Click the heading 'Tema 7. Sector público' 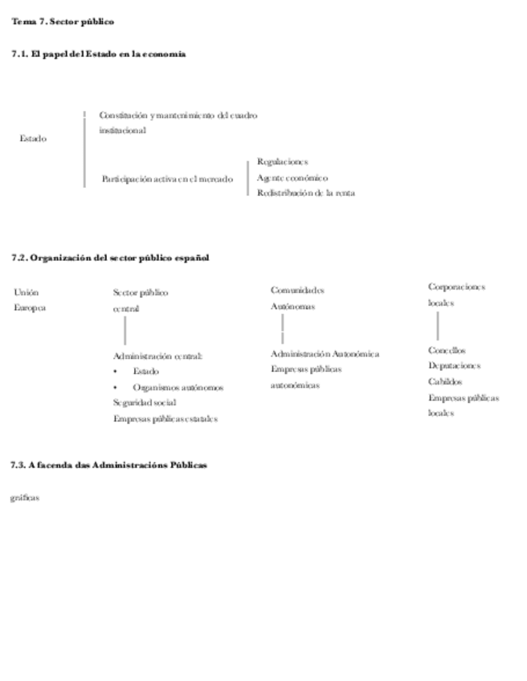click(x=63, y=22)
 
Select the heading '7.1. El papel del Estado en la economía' click(x=99, y=54)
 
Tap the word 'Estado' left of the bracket click(x=33, y=138)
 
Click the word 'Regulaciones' click(x=282, y=162)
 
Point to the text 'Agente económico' click(x=292, y=177)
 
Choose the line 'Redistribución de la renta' click(x=306, y=193)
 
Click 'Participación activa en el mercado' click(x=167, y=179)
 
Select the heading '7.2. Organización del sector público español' click(x=110, y=258)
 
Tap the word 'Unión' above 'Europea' click(x=27, y=292)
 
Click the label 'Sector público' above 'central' click(x=141, y=293)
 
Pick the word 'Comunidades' click(x=297, y=290)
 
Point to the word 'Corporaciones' click(x=456, y=287)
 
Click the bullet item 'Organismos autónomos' click(x=178, y=387)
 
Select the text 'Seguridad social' click(x=145, y=402)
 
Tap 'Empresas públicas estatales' click(x=165, y=418)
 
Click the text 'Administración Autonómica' click(x=325, y=353)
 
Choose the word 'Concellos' click(x=447, y=350)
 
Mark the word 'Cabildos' click(x=445, y=381)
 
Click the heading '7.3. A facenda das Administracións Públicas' click(x=109, y=465)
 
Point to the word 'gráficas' click(x=25, y=498)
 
